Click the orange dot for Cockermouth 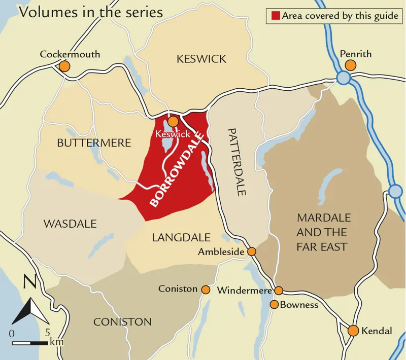click(64, 66)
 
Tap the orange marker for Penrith click(350, 65)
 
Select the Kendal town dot click(353, 331)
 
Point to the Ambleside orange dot click(252, 251)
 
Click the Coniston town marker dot click(206, 290)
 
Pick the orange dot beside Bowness click(274, 305)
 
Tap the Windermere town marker click(279, 291)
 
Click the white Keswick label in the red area click(174, 134)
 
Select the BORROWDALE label click(177, 168)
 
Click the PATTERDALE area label click(236, 162)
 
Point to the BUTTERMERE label click(94, 143)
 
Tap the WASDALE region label click(70, 224)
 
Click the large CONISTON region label click(122, 321)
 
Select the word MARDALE click(324, 218)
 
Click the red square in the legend click(275, 16)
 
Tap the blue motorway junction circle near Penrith click(343, 78)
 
